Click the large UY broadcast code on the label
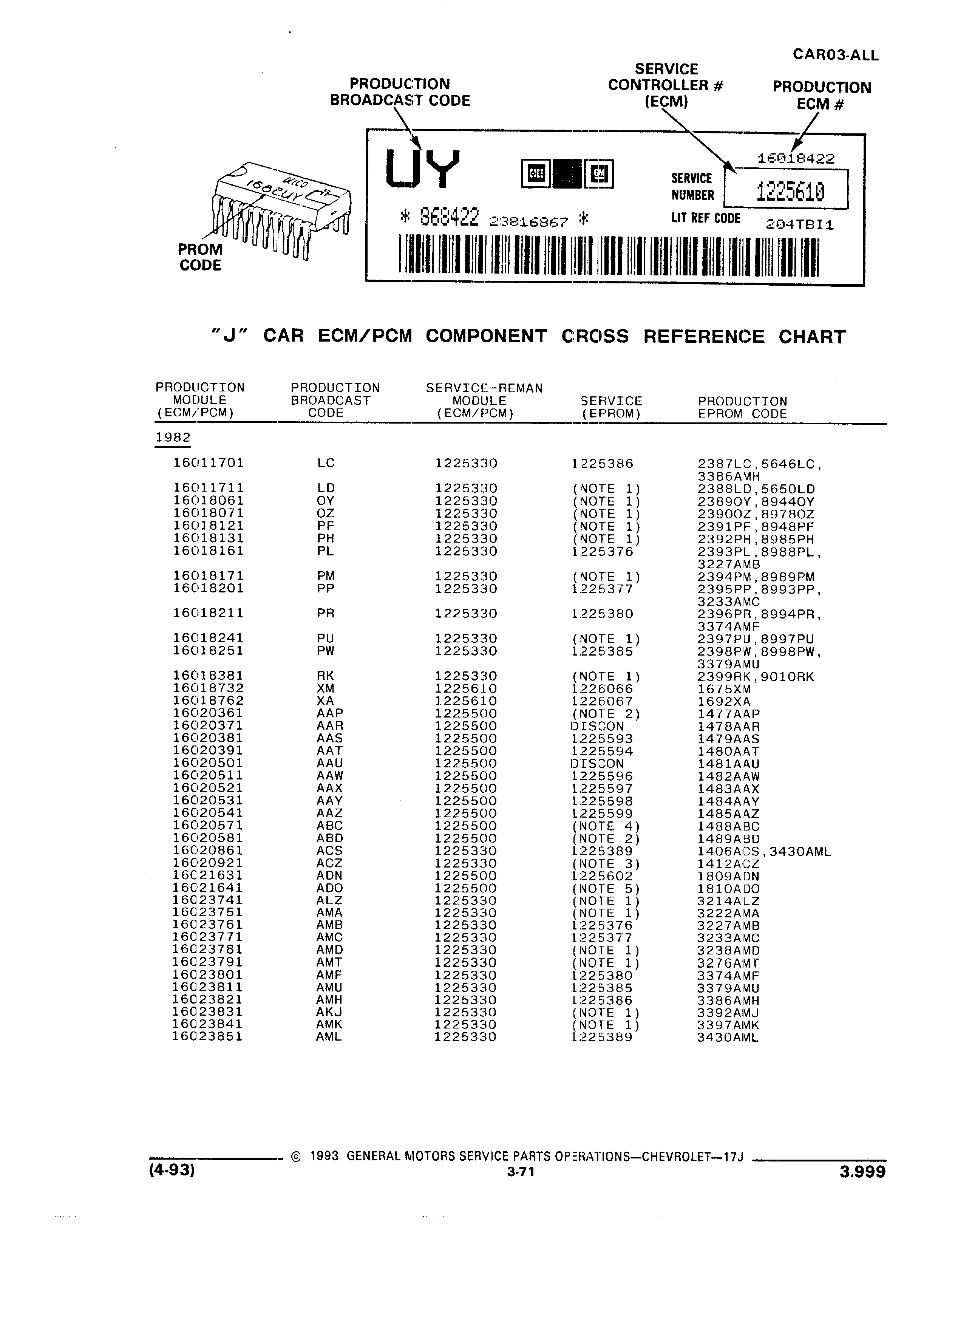tap(423, 169)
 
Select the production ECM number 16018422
tap(796, 158)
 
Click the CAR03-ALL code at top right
tap(835, 55)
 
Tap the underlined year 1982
tap(173, 438)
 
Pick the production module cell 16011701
tap(208, 463)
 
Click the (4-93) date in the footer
tap(172, 1171)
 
